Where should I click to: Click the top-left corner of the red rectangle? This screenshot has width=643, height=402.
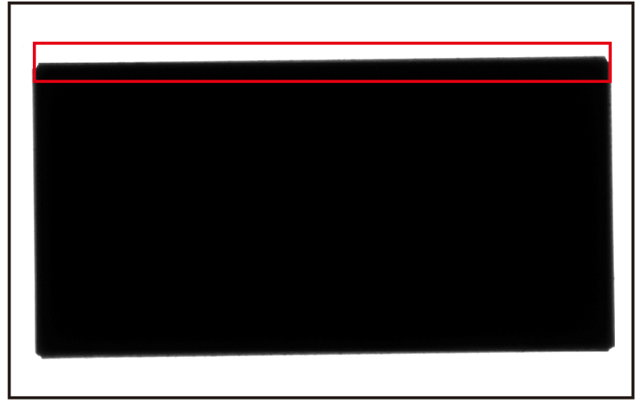[x=34, y=43]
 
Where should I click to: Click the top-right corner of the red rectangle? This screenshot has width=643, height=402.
[x=610, y=43]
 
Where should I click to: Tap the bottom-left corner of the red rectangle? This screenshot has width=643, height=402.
[x=34, y=81]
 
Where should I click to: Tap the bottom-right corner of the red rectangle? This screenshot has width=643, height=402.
[x=610, y=81]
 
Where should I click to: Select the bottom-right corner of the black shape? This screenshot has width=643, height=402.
[x=612, y=347]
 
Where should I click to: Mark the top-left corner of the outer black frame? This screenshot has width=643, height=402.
[x=10, y=4]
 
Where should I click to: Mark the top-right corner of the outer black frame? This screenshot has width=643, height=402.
[x=633, y=4]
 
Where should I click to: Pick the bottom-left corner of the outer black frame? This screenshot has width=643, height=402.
[x=10, y=396]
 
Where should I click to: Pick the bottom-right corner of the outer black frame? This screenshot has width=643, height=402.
[x=633, y=396]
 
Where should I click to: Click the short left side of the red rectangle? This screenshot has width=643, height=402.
[x=34, y=63]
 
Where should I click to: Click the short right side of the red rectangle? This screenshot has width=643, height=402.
[x=610, y=63]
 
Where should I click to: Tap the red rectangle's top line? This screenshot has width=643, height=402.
[x=321, y=43]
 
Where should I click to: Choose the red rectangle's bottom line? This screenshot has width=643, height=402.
[x=321, y=81]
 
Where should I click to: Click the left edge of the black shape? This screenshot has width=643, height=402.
[x=35, y=209]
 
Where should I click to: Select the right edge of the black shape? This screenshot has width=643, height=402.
[x=611, y=201]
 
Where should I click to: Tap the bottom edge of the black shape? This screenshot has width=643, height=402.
[x=321, y=353]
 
